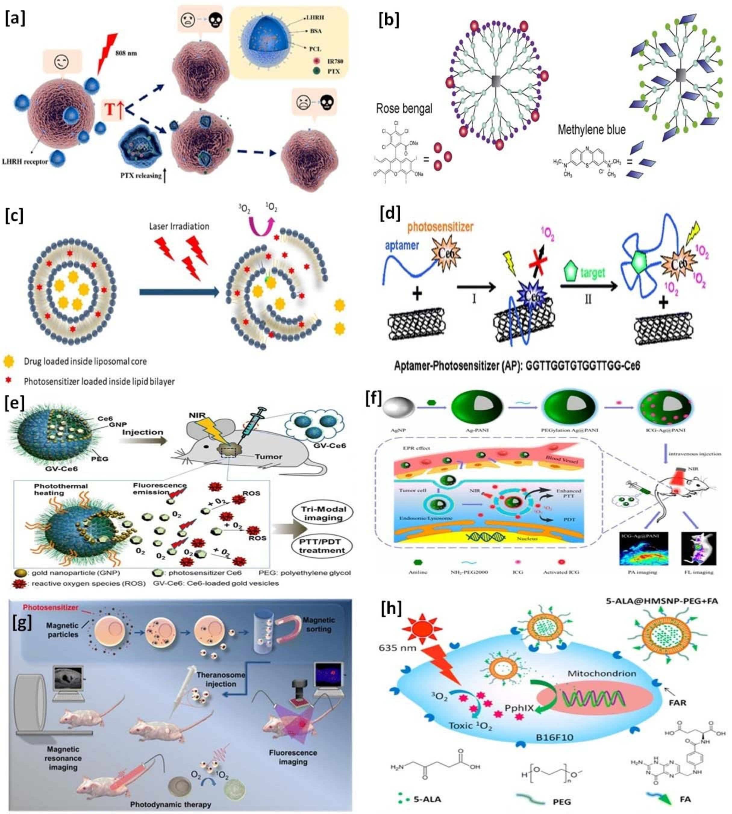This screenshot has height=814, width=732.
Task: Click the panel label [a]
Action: [15, 19]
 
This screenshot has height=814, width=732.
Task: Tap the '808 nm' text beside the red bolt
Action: [126, 53]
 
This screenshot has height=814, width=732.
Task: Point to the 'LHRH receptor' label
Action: [25, 162]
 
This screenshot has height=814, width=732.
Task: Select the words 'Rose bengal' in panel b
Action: [404, 108]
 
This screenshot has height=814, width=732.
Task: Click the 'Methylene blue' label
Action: [591, 130]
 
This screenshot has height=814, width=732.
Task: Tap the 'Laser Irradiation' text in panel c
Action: [179, 227]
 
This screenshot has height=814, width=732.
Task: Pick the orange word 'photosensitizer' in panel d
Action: [440, 228]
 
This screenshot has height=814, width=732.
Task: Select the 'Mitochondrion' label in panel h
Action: [602, 673]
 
